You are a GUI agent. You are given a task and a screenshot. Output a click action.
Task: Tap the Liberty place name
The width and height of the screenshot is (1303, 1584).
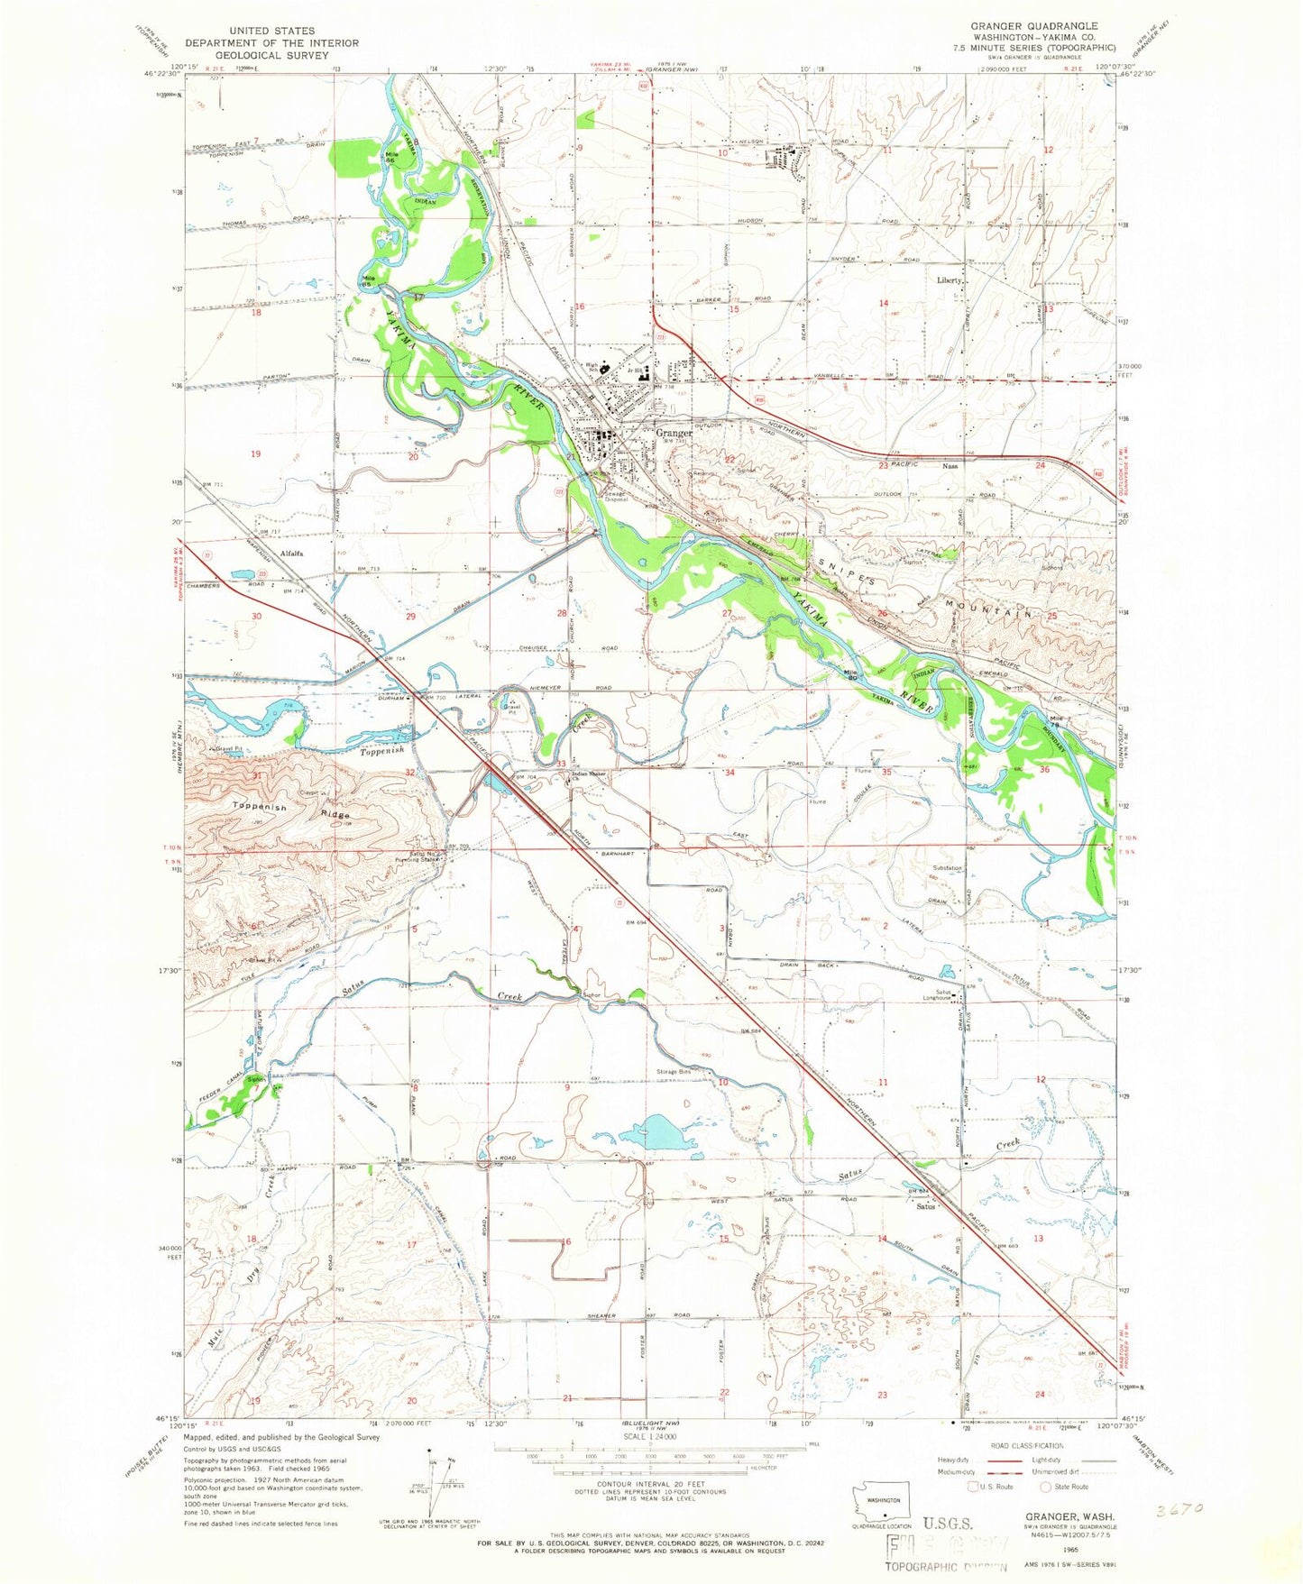[x=950, y=280]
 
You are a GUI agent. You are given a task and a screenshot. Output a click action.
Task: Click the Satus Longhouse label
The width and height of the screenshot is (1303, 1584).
[x=943, y=996]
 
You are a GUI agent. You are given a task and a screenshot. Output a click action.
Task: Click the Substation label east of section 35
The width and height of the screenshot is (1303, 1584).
[x=948, y=868]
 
